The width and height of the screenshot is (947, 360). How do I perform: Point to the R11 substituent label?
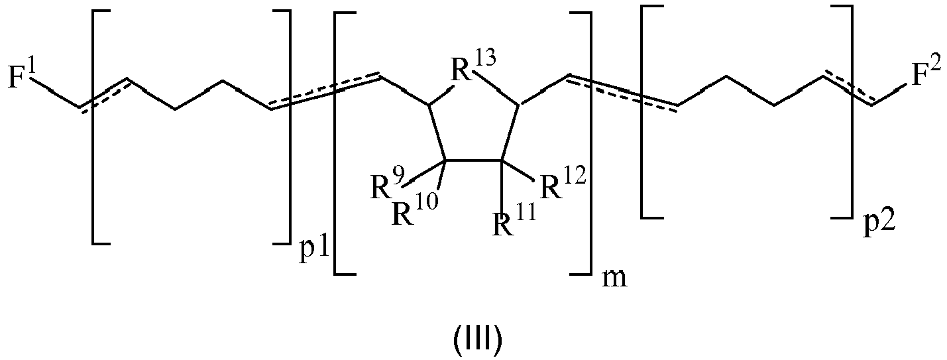click(x=514, y=220)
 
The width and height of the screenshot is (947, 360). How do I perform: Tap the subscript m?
click(x=614, y=279)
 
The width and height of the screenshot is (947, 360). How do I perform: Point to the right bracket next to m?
click(x=581, y=144)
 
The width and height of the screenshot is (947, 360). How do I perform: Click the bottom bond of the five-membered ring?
click(x=473, y=160)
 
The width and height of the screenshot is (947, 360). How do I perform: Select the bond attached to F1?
click(x=58, y=93)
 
